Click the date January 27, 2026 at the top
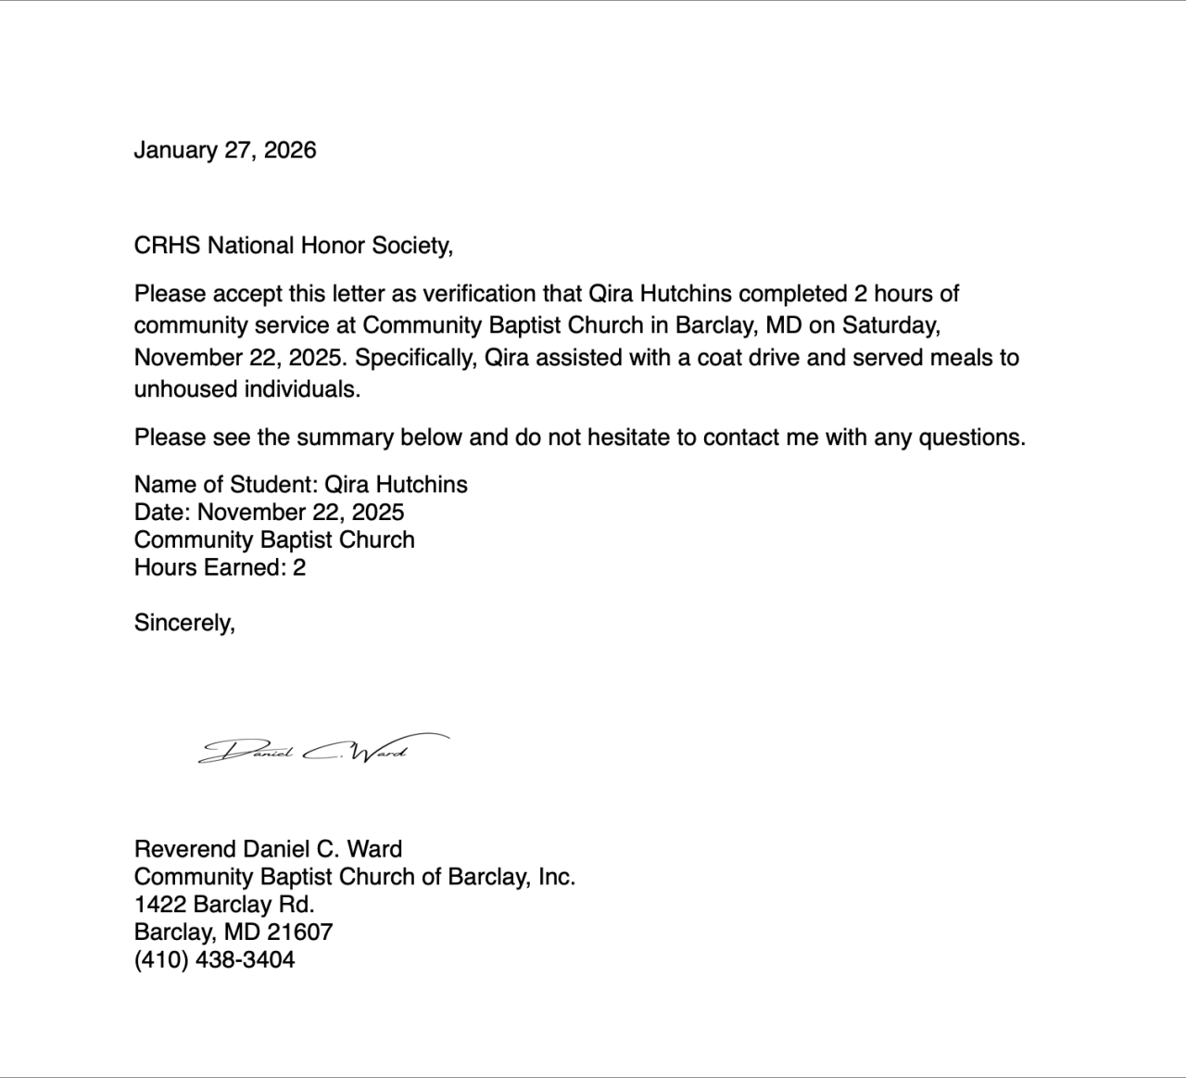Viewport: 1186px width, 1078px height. pos(225,150)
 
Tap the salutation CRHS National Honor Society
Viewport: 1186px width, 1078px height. pos(293,246)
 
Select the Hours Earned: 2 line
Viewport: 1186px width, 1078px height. pos(220,567)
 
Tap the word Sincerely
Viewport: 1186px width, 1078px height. pos(184,623)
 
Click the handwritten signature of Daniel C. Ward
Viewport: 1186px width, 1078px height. pos(320,749)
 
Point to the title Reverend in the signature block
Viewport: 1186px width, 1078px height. pos(184,849)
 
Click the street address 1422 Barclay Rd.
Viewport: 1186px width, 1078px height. pos(224,905)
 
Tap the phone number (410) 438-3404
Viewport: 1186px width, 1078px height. pos(214,960)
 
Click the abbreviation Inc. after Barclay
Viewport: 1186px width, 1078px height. pos(557,877)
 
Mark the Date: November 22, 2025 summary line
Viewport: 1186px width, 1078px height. pos(269,513)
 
